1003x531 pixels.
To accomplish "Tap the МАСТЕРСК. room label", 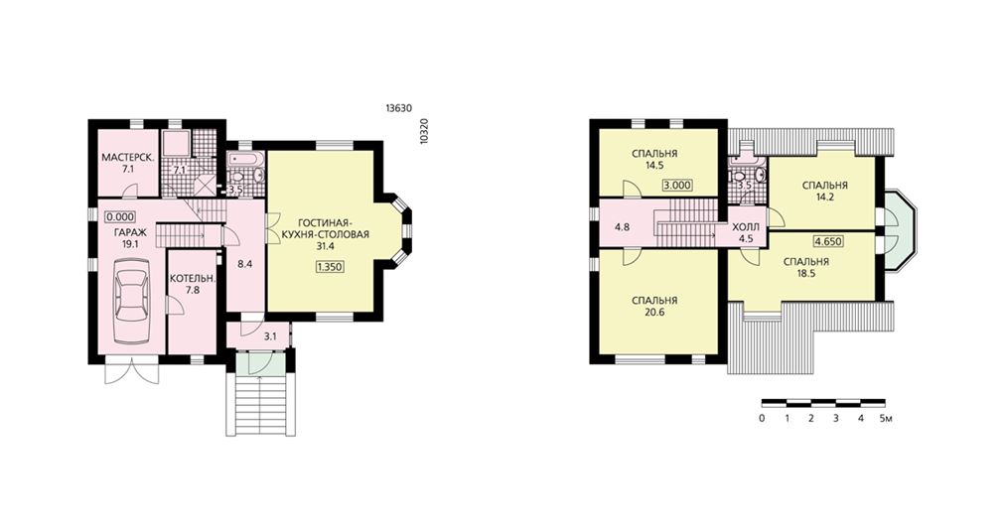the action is (128, 157).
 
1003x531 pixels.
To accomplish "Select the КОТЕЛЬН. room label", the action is (193, 279).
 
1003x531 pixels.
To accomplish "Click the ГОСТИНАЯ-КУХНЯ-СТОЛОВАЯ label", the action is (325, 228).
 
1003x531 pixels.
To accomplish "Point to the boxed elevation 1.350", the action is (330, 267).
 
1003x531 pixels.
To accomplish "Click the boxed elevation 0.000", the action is (120, 216).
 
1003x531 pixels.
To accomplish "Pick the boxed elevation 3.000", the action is (676, 186).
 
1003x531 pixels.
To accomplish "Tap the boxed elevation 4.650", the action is (828, 241).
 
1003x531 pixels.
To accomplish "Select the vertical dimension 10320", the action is (424, 132).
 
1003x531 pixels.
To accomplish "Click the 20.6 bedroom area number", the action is (653, 313).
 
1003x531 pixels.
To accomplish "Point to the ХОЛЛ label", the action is (746, 227).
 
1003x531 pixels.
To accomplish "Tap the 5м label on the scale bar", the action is (886, 419).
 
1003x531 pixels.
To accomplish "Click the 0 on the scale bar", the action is (762, 419).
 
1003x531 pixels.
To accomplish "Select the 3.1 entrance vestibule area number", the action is (270, 336).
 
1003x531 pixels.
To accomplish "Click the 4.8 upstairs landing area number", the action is (622, 227).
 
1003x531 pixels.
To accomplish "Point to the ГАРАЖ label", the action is (130, 232).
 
